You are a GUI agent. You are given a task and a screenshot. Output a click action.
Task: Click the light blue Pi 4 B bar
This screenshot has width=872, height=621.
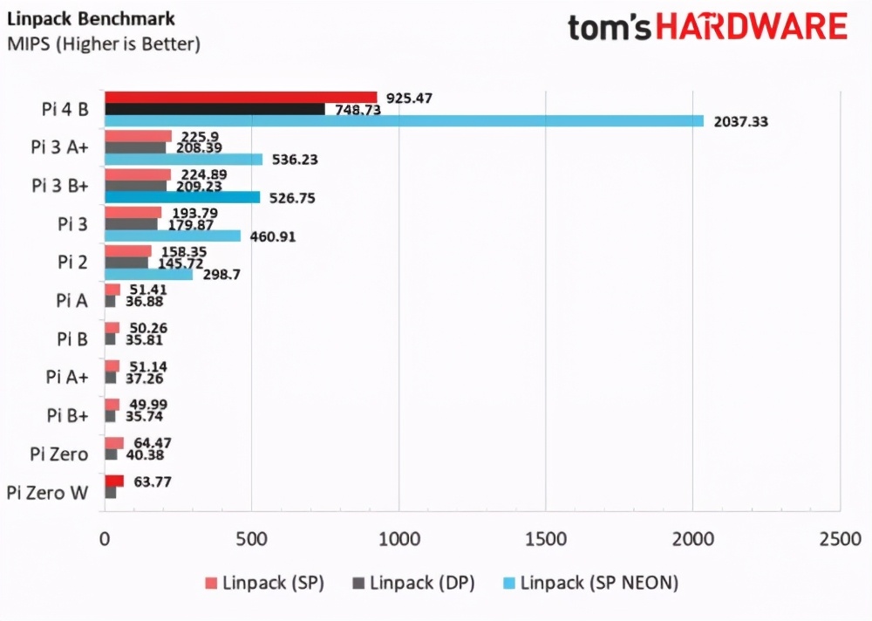click(x=404, y=121)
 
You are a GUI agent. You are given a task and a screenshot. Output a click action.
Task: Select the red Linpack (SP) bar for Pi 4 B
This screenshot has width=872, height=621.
click(x=241, y=97)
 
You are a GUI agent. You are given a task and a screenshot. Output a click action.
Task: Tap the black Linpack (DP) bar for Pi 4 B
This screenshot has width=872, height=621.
click(x=215, y=109)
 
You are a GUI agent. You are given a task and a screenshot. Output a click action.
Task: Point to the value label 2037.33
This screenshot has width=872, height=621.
click(x=739, y=122)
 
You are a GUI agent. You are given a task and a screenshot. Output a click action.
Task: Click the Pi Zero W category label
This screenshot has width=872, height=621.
click(x=47, y=493)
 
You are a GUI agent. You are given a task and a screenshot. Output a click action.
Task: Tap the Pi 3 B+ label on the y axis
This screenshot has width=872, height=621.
click(x=59, y=185)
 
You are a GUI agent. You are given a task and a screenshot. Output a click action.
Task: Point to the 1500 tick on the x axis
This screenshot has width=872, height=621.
click(x=545, y=539)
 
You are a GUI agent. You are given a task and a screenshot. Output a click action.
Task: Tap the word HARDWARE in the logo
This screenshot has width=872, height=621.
click(x=752, y=27)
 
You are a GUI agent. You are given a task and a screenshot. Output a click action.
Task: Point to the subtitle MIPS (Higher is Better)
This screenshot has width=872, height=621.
click(x=103, y=44)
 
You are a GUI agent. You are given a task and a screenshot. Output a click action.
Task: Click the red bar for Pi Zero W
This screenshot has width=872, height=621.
click(x=114, y=481)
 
